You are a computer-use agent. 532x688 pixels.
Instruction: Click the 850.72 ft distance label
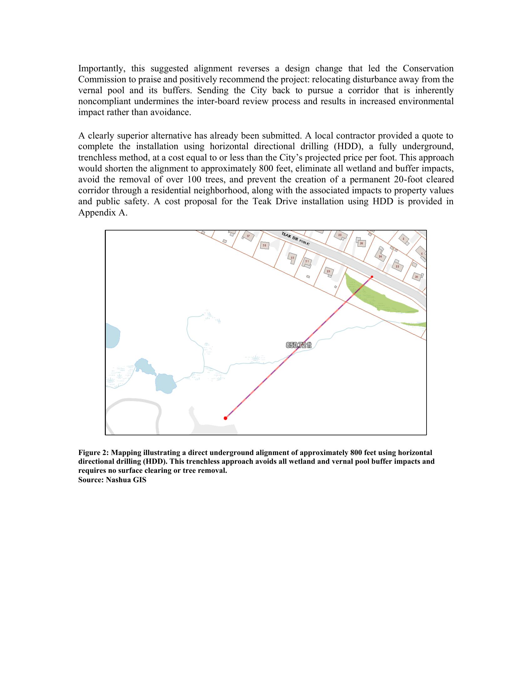click(298, 345)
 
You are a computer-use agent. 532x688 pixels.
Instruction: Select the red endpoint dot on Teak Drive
click(372, 277)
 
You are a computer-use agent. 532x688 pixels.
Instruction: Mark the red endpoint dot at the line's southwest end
click(225, 418)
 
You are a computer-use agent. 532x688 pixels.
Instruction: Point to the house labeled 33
click(293, 257)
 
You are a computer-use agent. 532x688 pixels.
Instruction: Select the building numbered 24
click(380, 256)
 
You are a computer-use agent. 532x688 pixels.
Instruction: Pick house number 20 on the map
click(417, 276)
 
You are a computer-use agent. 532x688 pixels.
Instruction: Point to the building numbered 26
click(361, 243)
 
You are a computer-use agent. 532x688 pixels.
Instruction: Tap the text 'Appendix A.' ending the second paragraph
click(103, 213)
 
